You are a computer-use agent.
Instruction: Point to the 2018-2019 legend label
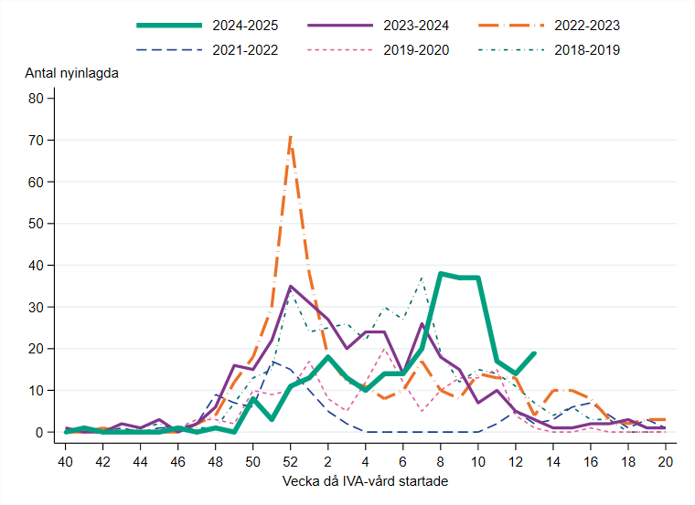click(x=587, y=49)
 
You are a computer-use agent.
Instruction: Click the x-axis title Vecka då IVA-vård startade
click(x=366, y=481)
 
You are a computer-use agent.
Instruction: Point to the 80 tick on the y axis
click(x=37, y=99)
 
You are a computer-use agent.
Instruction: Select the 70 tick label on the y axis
click(x=37, y=140)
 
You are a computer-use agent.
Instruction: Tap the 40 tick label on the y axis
click(x=37, y=265)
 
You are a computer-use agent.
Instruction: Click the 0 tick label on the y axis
click(x=40, y=432)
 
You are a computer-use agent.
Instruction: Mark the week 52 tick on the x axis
click(x=291, y=462)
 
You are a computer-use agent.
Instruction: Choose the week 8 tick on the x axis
click(x=441, y=462)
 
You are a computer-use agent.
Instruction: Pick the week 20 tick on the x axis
click(x=666, y=462)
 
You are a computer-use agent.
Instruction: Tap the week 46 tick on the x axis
click(x=178, y=462)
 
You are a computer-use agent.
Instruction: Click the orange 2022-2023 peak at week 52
click(x=291, y=136)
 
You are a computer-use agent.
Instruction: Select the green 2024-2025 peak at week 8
click(x=441, y=273)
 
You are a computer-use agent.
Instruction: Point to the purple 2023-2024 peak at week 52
click(x=291, y=287)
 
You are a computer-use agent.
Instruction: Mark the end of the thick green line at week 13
click(x=534, y=352)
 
